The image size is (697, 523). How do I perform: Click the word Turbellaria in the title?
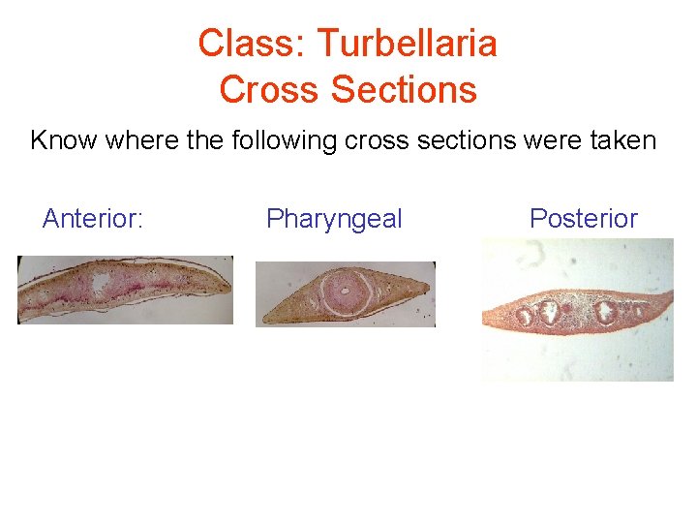(x=407, y=44)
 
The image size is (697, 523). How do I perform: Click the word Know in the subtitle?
(x=64, y=141)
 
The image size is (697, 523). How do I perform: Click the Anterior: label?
(x=93, y=219)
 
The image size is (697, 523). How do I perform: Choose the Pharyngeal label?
(x=334, y=219)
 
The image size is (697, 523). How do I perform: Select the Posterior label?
(x=583, y=219)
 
